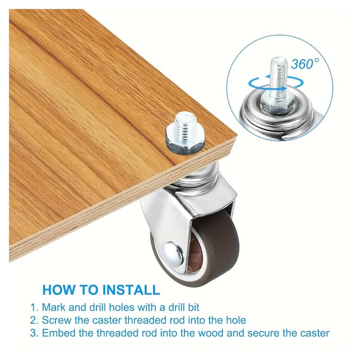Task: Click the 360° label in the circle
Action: click(305, 63)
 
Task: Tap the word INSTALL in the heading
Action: click(131, 290)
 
